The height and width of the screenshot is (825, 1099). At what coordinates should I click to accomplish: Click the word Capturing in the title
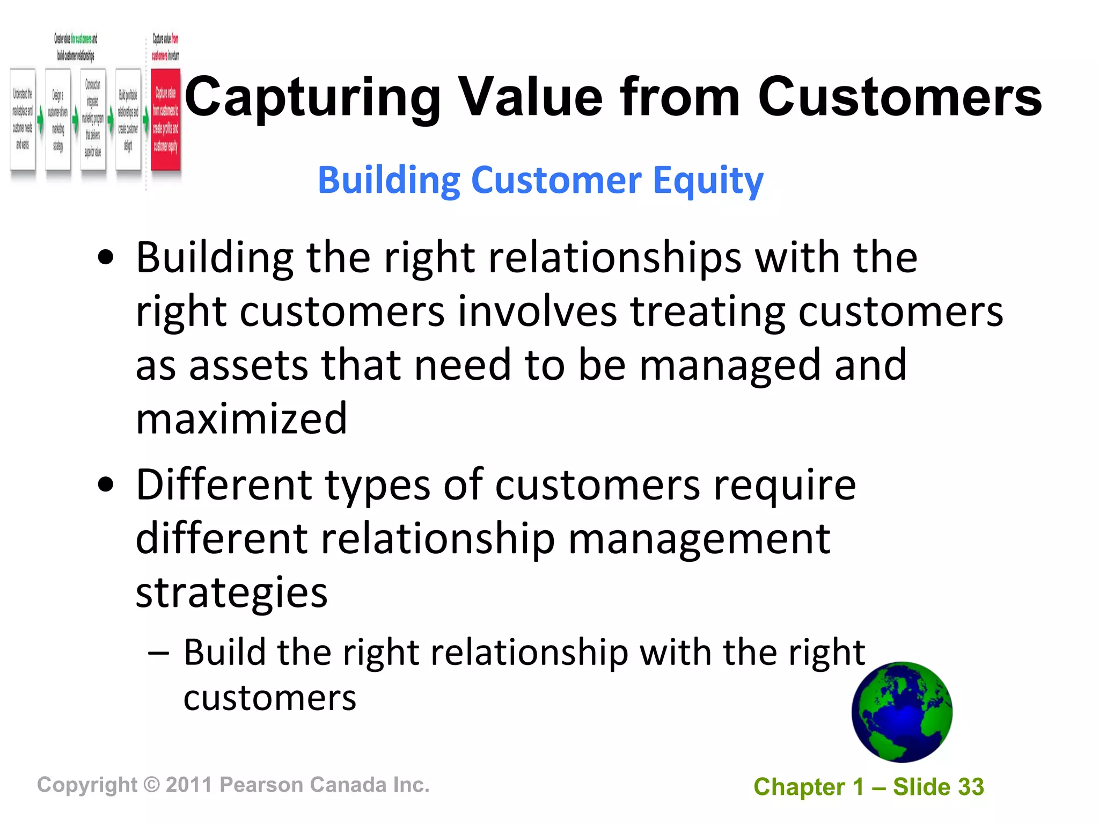tap(312, 98)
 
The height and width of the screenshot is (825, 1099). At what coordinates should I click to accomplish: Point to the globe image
tap(902, 712)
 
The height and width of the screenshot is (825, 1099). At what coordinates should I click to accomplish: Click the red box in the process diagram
tap(165, 120)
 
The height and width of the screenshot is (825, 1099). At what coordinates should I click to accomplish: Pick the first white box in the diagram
tap(23, 120)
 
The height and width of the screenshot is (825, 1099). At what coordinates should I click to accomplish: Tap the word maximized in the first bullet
tap(241, 419)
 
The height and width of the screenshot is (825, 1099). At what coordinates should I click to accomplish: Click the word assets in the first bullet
tap(248, 365)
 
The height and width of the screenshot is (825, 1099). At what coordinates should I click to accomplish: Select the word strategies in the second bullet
tap(231, 593)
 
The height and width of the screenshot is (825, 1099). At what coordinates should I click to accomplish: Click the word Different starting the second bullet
tap(224, 485)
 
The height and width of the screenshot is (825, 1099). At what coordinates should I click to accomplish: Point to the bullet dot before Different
tap(106, 486)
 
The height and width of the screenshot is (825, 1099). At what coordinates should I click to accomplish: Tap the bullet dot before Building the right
tap(106, 258)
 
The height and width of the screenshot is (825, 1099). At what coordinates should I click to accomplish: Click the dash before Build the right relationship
tap(159, 654)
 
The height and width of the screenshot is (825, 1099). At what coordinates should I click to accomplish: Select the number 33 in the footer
tap(971, 787)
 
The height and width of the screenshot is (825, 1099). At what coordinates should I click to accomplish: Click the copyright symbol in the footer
tap(152, 785)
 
